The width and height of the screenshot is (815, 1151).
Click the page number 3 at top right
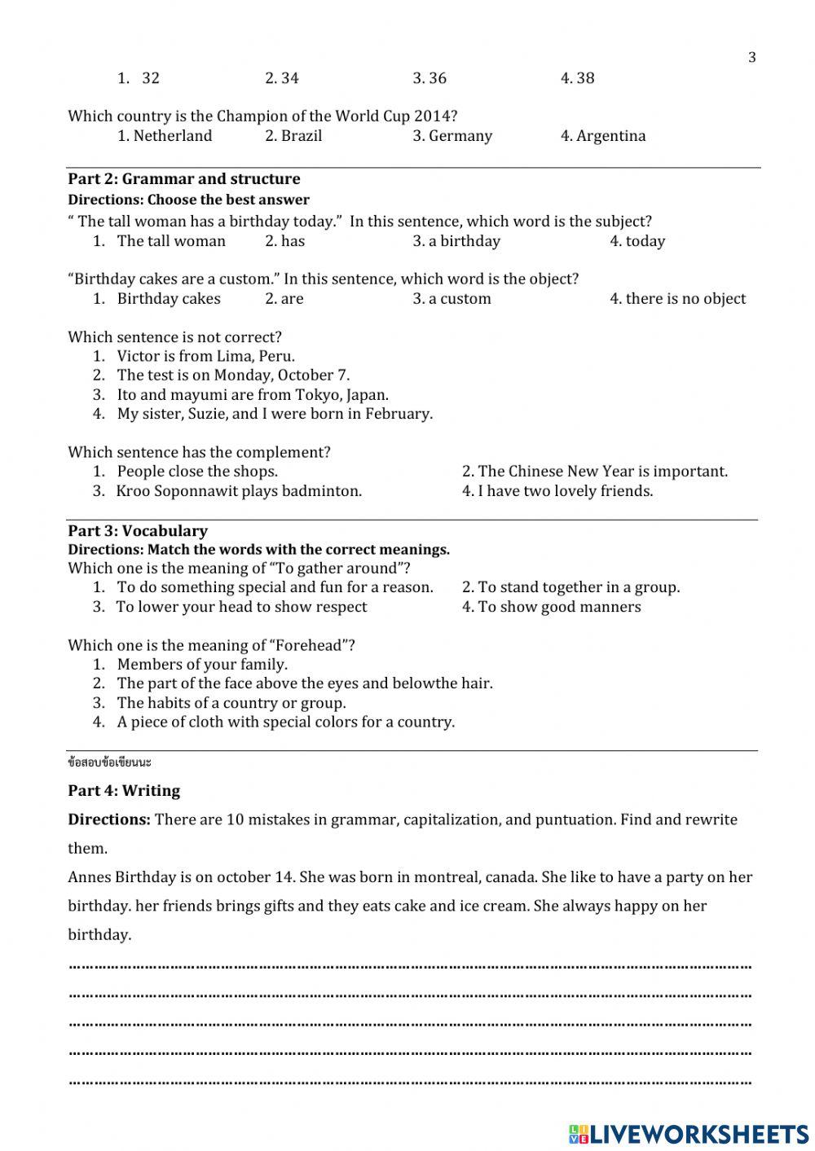click(x=751, y=57)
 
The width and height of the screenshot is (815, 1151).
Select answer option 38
click(x=577, y=78)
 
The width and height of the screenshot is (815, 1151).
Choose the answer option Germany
click(x=452, y=136)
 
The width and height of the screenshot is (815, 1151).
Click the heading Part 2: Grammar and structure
click(x=183, y=179)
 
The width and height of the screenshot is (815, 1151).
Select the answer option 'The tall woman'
click(x=171, y=241)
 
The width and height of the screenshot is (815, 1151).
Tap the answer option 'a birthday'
click(x=456, y=241)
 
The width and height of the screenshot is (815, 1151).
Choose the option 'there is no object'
click(x=677, y=299)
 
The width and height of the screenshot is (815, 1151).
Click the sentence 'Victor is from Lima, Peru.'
click(x=205, y=356)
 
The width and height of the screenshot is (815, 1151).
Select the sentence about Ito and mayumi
click(x=253, y=395)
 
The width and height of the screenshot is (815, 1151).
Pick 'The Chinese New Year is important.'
click(x=595, y=472)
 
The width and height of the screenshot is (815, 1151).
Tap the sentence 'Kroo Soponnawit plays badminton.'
click(x=239, y=491)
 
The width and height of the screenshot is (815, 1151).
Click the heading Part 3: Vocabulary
click(x=138, y=531)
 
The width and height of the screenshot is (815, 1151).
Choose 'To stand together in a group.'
click(x=570, y=587)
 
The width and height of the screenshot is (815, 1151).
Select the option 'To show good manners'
click(x=552, y=607)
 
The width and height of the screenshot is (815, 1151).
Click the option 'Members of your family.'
click(x=202, y=665)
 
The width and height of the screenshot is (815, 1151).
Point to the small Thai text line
click(x=109, y=763)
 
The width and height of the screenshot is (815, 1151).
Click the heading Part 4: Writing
click(x=124, y=791)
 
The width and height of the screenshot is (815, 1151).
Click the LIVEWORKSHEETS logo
click(x=689, y=1134)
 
